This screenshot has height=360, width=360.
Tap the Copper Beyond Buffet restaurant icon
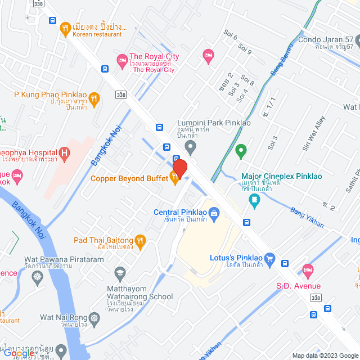point(174,178)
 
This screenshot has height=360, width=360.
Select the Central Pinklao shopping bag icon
point(214,213)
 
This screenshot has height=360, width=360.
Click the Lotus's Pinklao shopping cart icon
point(269,258)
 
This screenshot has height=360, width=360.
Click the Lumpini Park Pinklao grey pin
point(191,148)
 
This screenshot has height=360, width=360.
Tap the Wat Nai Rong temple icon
point(94,318)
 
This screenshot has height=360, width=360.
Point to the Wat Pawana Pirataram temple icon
point(38,277)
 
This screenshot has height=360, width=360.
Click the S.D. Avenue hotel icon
point(307,271)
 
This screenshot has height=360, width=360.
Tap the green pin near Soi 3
point(241,150)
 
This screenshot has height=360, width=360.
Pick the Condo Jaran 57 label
point(326,40)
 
